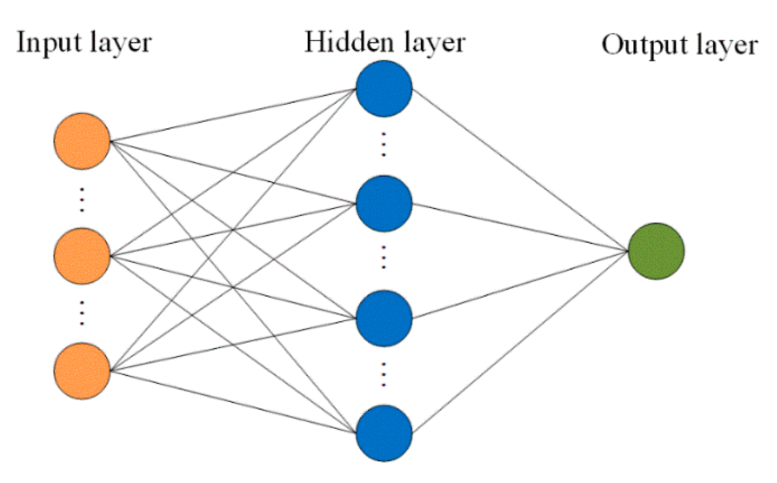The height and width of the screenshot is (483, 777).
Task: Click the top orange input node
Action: pyautogui.click(x=82, y=141)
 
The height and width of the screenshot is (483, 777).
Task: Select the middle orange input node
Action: pyautogui.click(x=82, y=256)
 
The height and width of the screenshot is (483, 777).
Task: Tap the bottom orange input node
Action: pyautogui.click(x=82, y=371)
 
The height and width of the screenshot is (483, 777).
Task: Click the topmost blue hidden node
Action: pyautogui.click(x=384, y=88)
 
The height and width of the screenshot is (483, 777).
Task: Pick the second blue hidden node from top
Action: pyautogui.click(x=384, y=203)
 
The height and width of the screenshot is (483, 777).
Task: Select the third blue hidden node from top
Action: pyautogui.click(x=384, y=318)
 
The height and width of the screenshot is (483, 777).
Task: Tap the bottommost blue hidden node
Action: pyautogui.click(x=384, y=433)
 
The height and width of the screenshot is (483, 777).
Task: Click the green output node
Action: pyautogui.click(x=656, y=251)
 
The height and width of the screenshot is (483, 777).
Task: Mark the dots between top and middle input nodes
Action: pyautogui.click(x=82, y=200)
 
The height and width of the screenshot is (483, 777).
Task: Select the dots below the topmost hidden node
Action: pyautogui.click(x=384, y=144)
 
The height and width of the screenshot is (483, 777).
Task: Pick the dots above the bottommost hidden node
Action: pyautogui.click(x=384, y=374)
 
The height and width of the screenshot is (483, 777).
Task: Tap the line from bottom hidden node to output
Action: pyautogui.click(x=520, y=341)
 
